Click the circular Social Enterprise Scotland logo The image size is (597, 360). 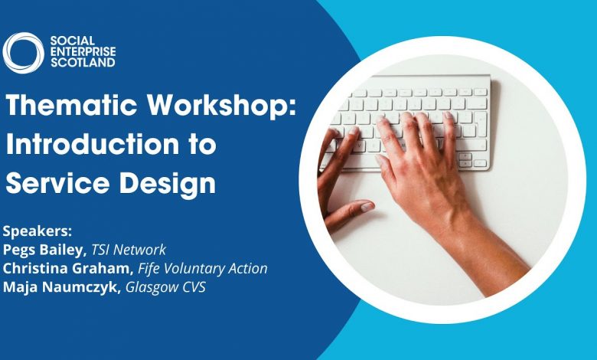tap(24, 53)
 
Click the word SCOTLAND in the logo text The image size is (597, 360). tap(83, 63)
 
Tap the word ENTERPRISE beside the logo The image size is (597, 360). tap(83, 52)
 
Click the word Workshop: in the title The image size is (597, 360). tap(222, 106)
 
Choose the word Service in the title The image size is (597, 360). tap(57, 183)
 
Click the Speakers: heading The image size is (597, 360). tap(38, 231)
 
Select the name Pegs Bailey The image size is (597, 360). tap(42, 250)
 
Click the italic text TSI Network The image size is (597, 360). tap(129, 250)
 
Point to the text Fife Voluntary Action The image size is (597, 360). tap(203, 269)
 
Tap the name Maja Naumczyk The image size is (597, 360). tap(61, 287)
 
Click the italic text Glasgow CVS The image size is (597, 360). tap(165, 287)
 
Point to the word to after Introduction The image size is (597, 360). tap(200, 144)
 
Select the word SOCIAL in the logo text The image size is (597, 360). tap(73, 41)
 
